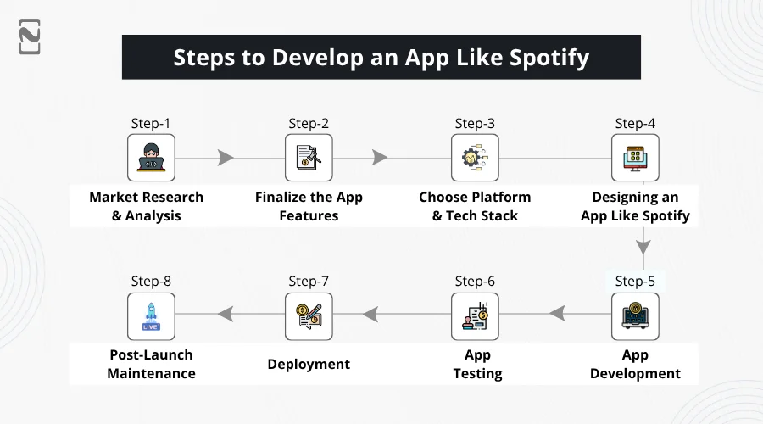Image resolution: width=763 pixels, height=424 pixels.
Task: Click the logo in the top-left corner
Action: pos(30,36)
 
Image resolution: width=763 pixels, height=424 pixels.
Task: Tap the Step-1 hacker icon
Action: pos(151,158)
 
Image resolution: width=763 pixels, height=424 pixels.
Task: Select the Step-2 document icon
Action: pos(309,158)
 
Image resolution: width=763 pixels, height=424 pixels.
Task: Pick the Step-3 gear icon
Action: pos(475,158)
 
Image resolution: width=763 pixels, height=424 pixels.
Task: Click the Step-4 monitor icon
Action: pos(635,158)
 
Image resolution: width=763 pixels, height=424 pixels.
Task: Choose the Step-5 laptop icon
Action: pos(635,316)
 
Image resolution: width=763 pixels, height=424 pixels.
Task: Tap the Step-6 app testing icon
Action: pos(475,316)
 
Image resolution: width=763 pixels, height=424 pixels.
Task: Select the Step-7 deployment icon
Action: pos(309,316)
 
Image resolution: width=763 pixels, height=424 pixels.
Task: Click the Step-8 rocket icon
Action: pos(151,316)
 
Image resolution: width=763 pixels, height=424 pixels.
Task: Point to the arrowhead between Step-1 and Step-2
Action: pos(226,158)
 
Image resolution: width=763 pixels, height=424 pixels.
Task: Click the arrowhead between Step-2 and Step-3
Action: pos(380,158)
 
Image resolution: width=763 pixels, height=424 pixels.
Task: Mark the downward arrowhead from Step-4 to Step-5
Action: pos(643,247)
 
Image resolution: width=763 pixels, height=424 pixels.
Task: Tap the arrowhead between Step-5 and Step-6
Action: pos(557,315)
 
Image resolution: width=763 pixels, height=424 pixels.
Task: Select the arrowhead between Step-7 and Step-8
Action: pos(226,315)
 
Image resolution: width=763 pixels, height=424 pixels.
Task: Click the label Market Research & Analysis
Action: pos(147,206)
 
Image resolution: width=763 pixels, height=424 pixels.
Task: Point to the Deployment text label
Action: pos(309,364)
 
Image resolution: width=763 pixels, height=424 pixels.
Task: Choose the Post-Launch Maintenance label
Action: pos(151,364)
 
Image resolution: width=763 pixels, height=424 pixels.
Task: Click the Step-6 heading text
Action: pos(475,282)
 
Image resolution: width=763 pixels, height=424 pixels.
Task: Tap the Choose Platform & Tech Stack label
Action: pos(475,206)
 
